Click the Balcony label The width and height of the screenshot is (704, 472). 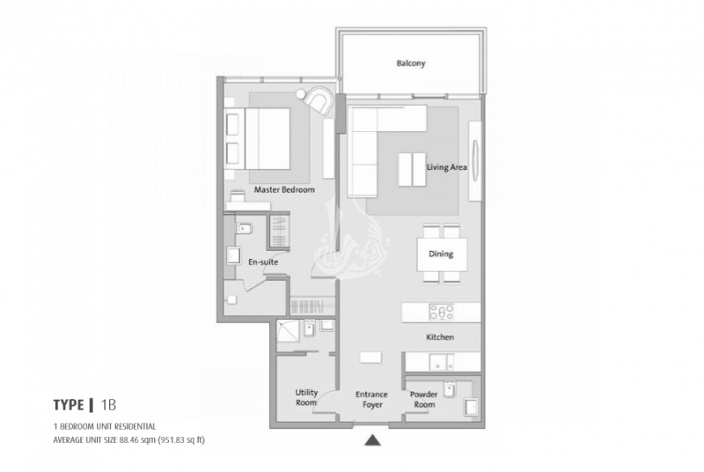[410, 63]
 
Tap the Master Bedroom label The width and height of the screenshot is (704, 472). [284, 189]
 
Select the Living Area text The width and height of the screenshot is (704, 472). [446, 167]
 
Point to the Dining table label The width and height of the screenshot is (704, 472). [441, 254]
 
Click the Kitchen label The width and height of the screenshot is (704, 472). [439, 336]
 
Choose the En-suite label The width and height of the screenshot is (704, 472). [263, 262]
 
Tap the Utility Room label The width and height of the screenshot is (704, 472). [306, 397]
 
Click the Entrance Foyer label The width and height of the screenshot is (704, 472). [371, 399]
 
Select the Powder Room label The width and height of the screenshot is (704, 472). [423, 399]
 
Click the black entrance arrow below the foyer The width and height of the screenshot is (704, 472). [372, 440]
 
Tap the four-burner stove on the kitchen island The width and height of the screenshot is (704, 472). [441, 312]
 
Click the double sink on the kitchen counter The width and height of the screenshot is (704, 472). [442, 362]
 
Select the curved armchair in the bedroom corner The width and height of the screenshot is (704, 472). [319, 101]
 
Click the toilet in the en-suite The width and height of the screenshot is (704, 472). [244, 229]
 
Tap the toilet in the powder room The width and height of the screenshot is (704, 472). [449, 389]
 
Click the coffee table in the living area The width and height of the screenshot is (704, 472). [412, 169]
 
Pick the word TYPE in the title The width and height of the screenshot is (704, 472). [69, 405]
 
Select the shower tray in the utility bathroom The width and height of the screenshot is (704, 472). [288, 331]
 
